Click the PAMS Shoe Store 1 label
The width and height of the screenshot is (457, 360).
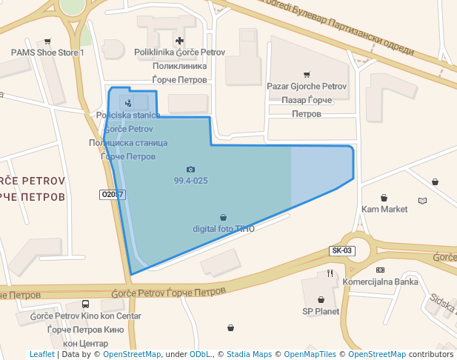pyautogui.click(x=47, y=53)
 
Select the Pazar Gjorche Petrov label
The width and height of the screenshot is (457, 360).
pyautogui.click(x=307, y=87)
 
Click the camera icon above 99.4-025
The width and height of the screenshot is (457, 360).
pyautogui.click(x=190, y=170)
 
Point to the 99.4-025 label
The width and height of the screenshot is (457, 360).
pyautogui.click(x=190, y=181)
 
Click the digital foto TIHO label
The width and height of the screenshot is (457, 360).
pyautogui.click(x=224, y=229)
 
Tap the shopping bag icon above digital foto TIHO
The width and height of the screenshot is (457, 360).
pyautogui.click(x=224, y=218)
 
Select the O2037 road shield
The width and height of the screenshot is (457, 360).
pyautogui.click(x=112, y=195)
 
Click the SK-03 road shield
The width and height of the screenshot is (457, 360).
pyautogui.click(x=342, y=251)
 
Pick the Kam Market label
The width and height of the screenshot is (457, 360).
pyautogui.click(x=384, y=209)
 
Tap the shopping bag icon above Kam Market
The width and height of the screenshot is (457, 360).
pyautogui.click(x=384, y=198)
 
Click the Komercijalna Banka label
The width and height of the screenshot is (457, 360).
pyautogui.click(x=381, y=281)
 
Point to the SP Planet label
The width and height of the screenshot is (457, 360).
pyautogui.click(x=321, y=311)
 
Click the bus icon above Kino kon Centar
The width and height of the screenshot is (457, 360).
pyautogui.click(x=86, y=304)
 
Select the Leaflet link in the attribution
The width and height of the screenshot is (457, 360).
pyautogui.click(x=41, y=354)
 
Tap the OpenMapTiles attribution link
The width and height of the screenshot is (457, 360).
pyautogui.click(x=310, y=354)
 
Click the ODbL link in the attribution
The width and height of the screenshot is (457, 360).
pyautogui.click(x=200, y=354)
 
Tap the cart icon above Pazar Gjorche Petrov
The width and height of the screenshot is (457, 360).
pyautogui.click(x=307, y=74)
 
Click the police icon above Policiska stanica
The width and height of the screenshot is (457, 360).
pyautogui.click(x=128, y=103)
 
